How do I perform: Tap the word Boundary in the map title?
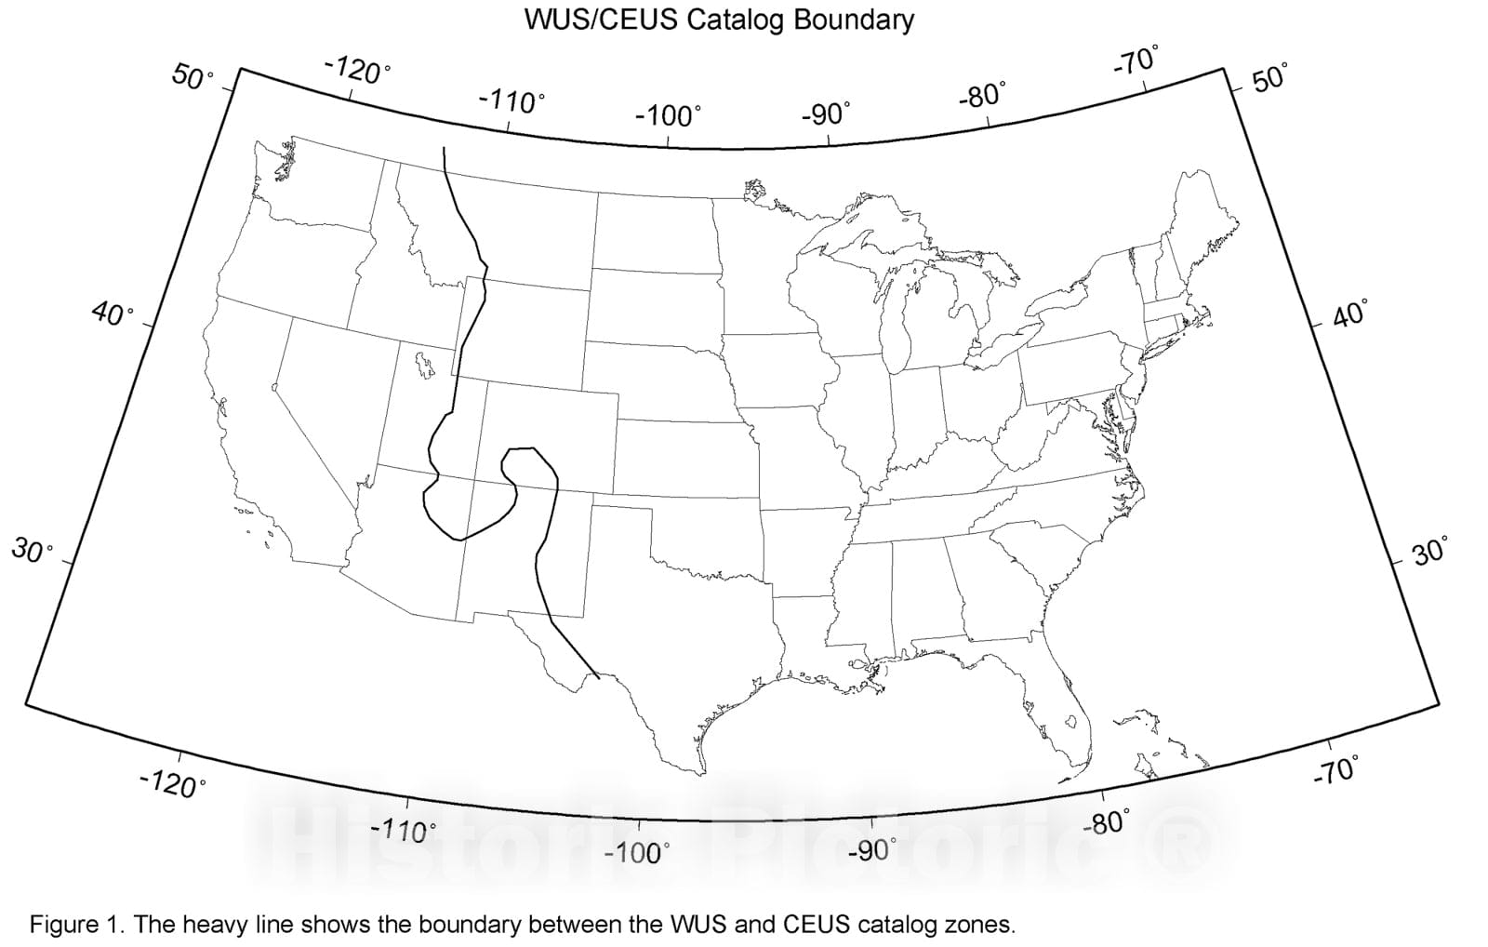point(855,20)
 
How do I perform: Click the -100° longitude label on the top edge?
point(668,116)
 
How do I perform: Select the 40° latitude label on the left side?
point(113,315)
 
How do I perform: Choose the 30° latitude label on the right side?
point(1428,553)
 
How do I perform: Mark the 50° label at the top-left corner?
point(193,78)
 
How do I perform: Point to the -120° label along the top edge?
point(357,70)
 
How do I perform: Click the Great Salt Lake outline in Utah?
point(424,363)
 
